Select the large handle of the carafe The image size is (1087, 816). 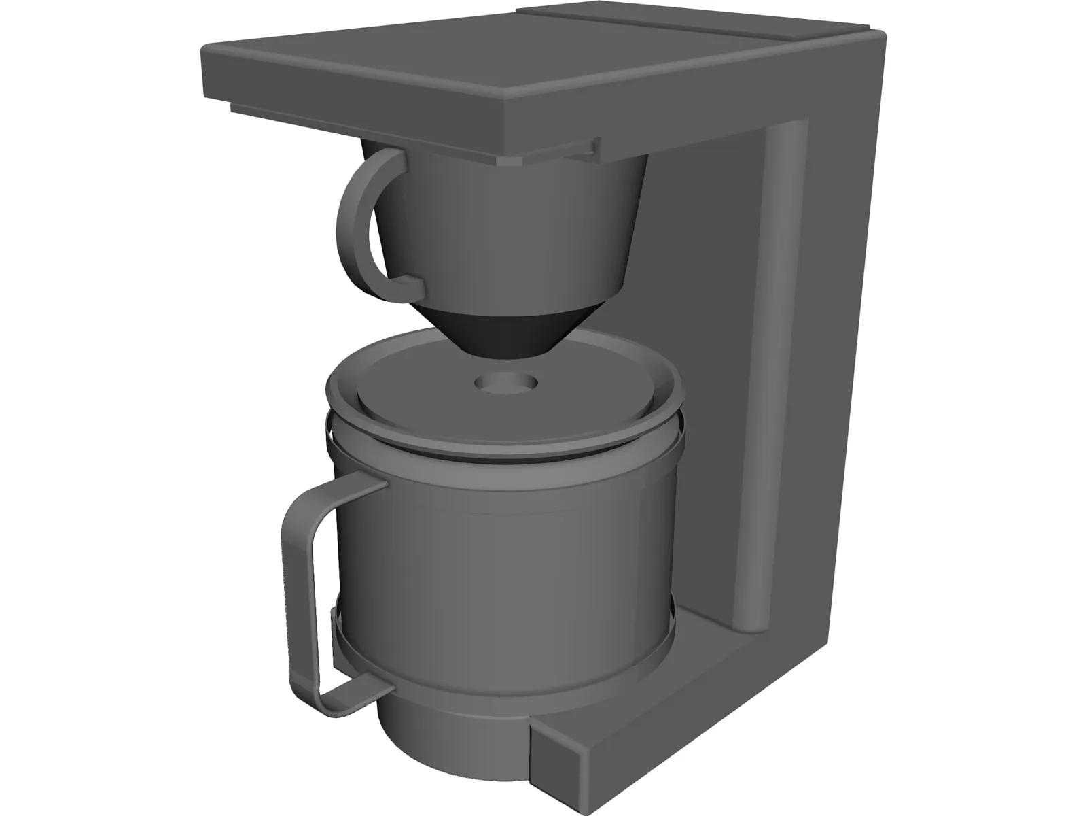(299, 578)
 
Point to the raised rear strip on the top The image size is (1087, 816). (693, 20)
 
